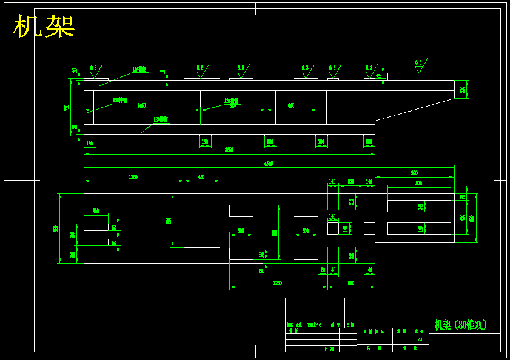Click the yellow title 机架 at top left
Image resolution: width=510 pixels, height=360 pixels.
[x=44, y=27]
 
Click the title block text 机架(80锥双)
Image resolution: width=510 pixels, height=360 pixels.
[x=461, y=325]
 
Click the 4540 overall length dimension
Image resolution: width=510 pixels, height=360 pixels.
[x=268, y=164]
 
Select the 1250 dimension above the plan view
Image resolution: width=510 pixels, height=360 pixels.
[x=133, y=177]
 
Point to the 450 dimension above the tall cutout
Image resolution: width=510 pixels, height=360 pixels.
[x=201, y=177]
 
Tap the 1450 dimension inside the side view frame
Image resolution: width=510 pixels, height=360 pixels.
[x=141, y=105]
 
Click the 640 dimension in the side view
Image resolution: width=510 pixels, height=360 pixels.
[x=291, y=105]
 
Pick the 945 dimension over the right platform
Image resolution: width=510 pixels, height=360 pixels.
[x=414, y=173]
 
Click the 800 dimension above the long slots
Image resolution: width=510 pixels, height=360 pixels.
[x=418, y=182]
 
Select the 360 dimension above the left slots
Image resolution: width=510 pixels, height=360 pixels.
[x=96, y=211]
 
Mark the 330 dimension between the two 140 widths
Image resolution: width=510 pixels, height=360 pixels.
[x=351, y=181]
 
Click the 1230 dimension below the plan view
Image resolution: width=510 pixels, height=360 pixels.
[x=277, y=283]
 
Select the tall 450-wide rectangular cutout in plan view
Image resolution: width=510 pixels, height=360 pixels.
[x=201, y=221]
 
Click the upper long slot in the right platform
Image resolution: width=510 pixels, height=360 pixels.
[x=418, y=206]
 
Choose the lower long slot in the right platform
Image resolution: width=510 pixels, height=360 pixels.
[x=418, y=228]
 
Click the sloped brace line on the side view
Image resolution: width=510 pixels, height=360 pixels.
[x=415, y=109]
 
